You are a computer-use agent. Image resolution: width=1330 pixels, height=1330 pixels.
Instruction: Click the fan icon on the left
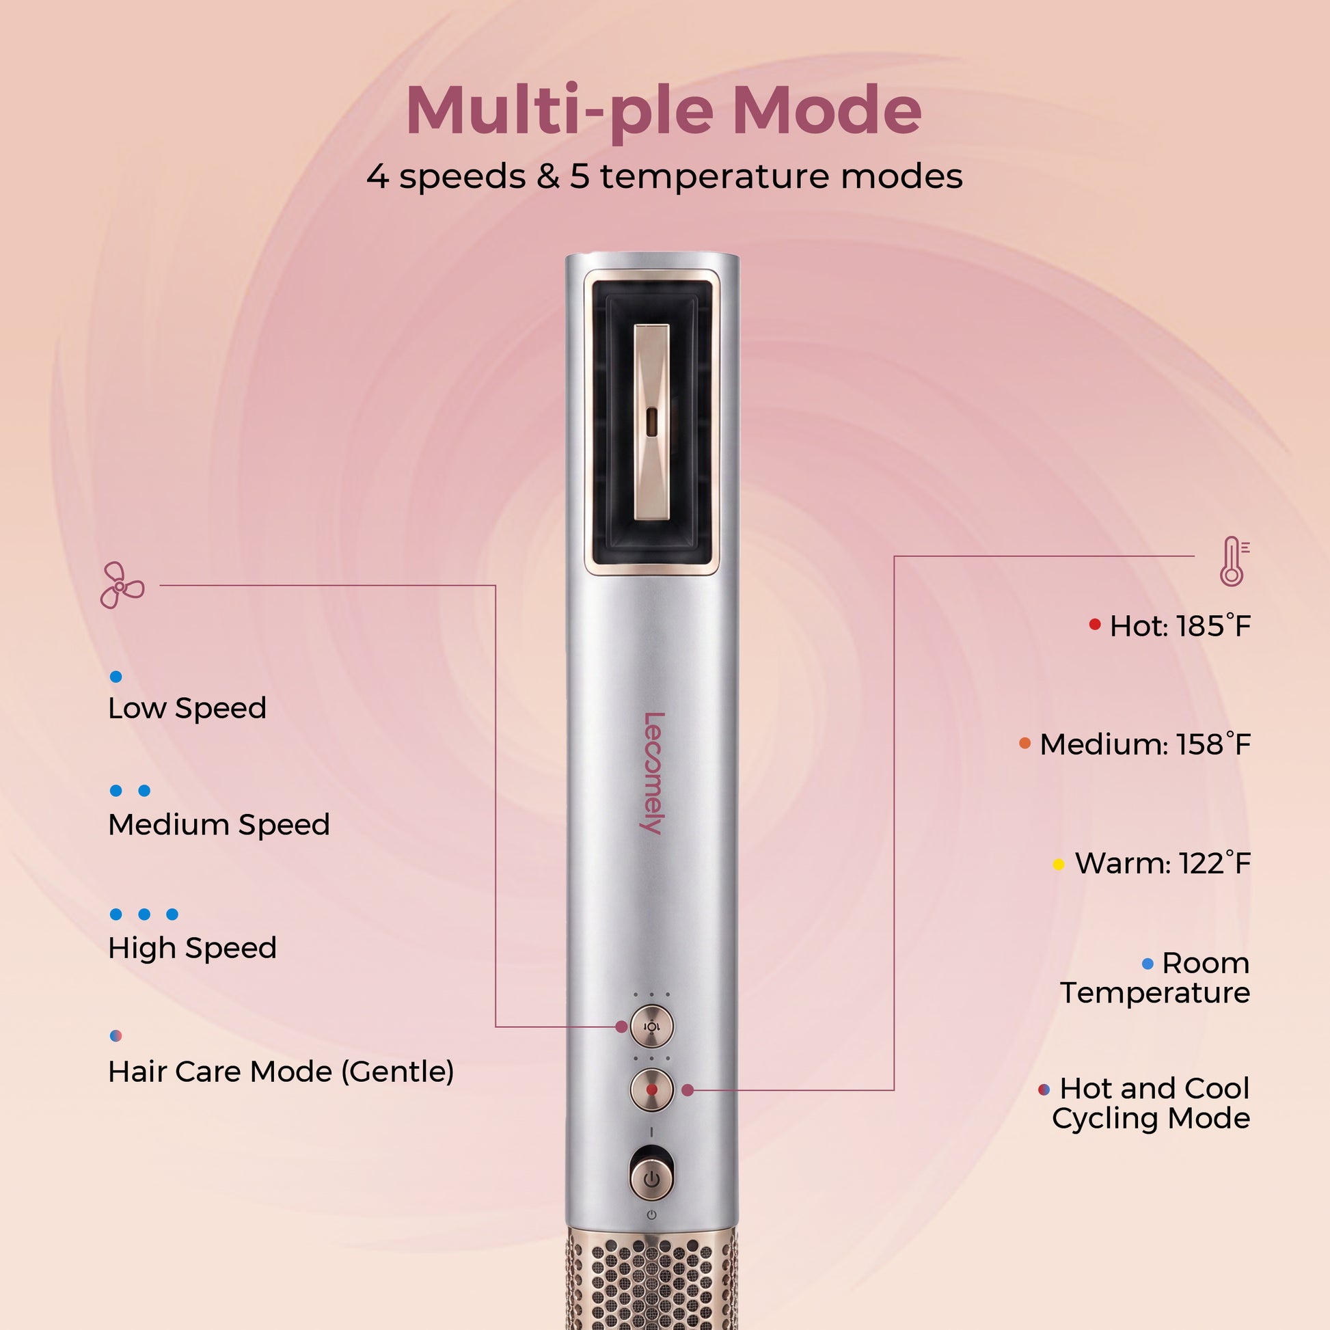coord(122,585)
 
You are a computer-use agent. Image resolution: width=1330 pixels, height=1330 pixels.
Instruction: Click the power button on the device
coord(651,1179)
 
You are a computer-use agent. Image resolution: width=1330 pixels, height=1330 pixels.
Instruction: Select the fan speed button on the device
coord(651,1026)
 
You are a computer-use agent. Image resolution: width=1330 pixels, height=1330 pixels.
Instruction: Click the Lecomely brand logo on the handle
coord(653,773)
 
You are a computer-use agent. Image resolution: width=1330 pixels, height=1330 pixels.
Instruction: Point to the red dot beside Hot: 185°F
coord(1095,625)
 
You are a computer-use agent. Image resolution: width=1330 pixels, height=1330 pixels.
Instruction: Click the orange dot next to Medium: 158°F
coord(1025,743)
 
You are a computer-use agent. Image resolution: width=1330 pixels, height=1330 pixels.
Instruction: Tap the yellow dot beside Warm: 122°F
coord(1059,864)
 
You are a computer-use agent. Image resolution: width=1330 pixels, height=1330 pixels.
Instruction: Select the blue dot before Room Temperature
coord(1148,964)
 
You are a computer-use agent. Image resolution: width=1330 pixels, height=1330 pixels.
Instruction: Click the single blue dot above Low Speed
coord(116,677)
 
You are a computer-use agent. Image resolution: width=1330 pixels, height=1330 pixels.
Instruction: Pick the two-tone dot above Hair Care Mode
coord(116,1035)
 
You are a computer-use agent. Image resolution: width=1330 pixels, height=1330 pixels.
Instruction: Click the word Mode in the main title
coord(826,110)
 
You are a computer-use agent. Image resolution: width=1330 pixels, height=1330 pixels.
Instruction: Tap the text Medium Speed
coord(219,824)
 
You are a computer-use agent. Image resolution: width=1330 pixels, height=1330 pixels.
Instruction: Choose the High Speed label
coord(192,948)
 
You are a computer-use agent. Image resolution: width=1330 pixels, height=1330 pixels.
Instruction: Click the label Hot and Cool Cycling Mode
coord(1151,1103)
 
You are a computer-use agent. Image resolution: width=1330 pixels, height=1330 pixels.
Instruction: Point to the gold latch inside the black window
coord(651,422)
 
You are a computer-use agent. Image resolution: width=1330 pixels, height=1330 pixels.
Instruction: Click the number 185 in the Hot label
coord(1200,627)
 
